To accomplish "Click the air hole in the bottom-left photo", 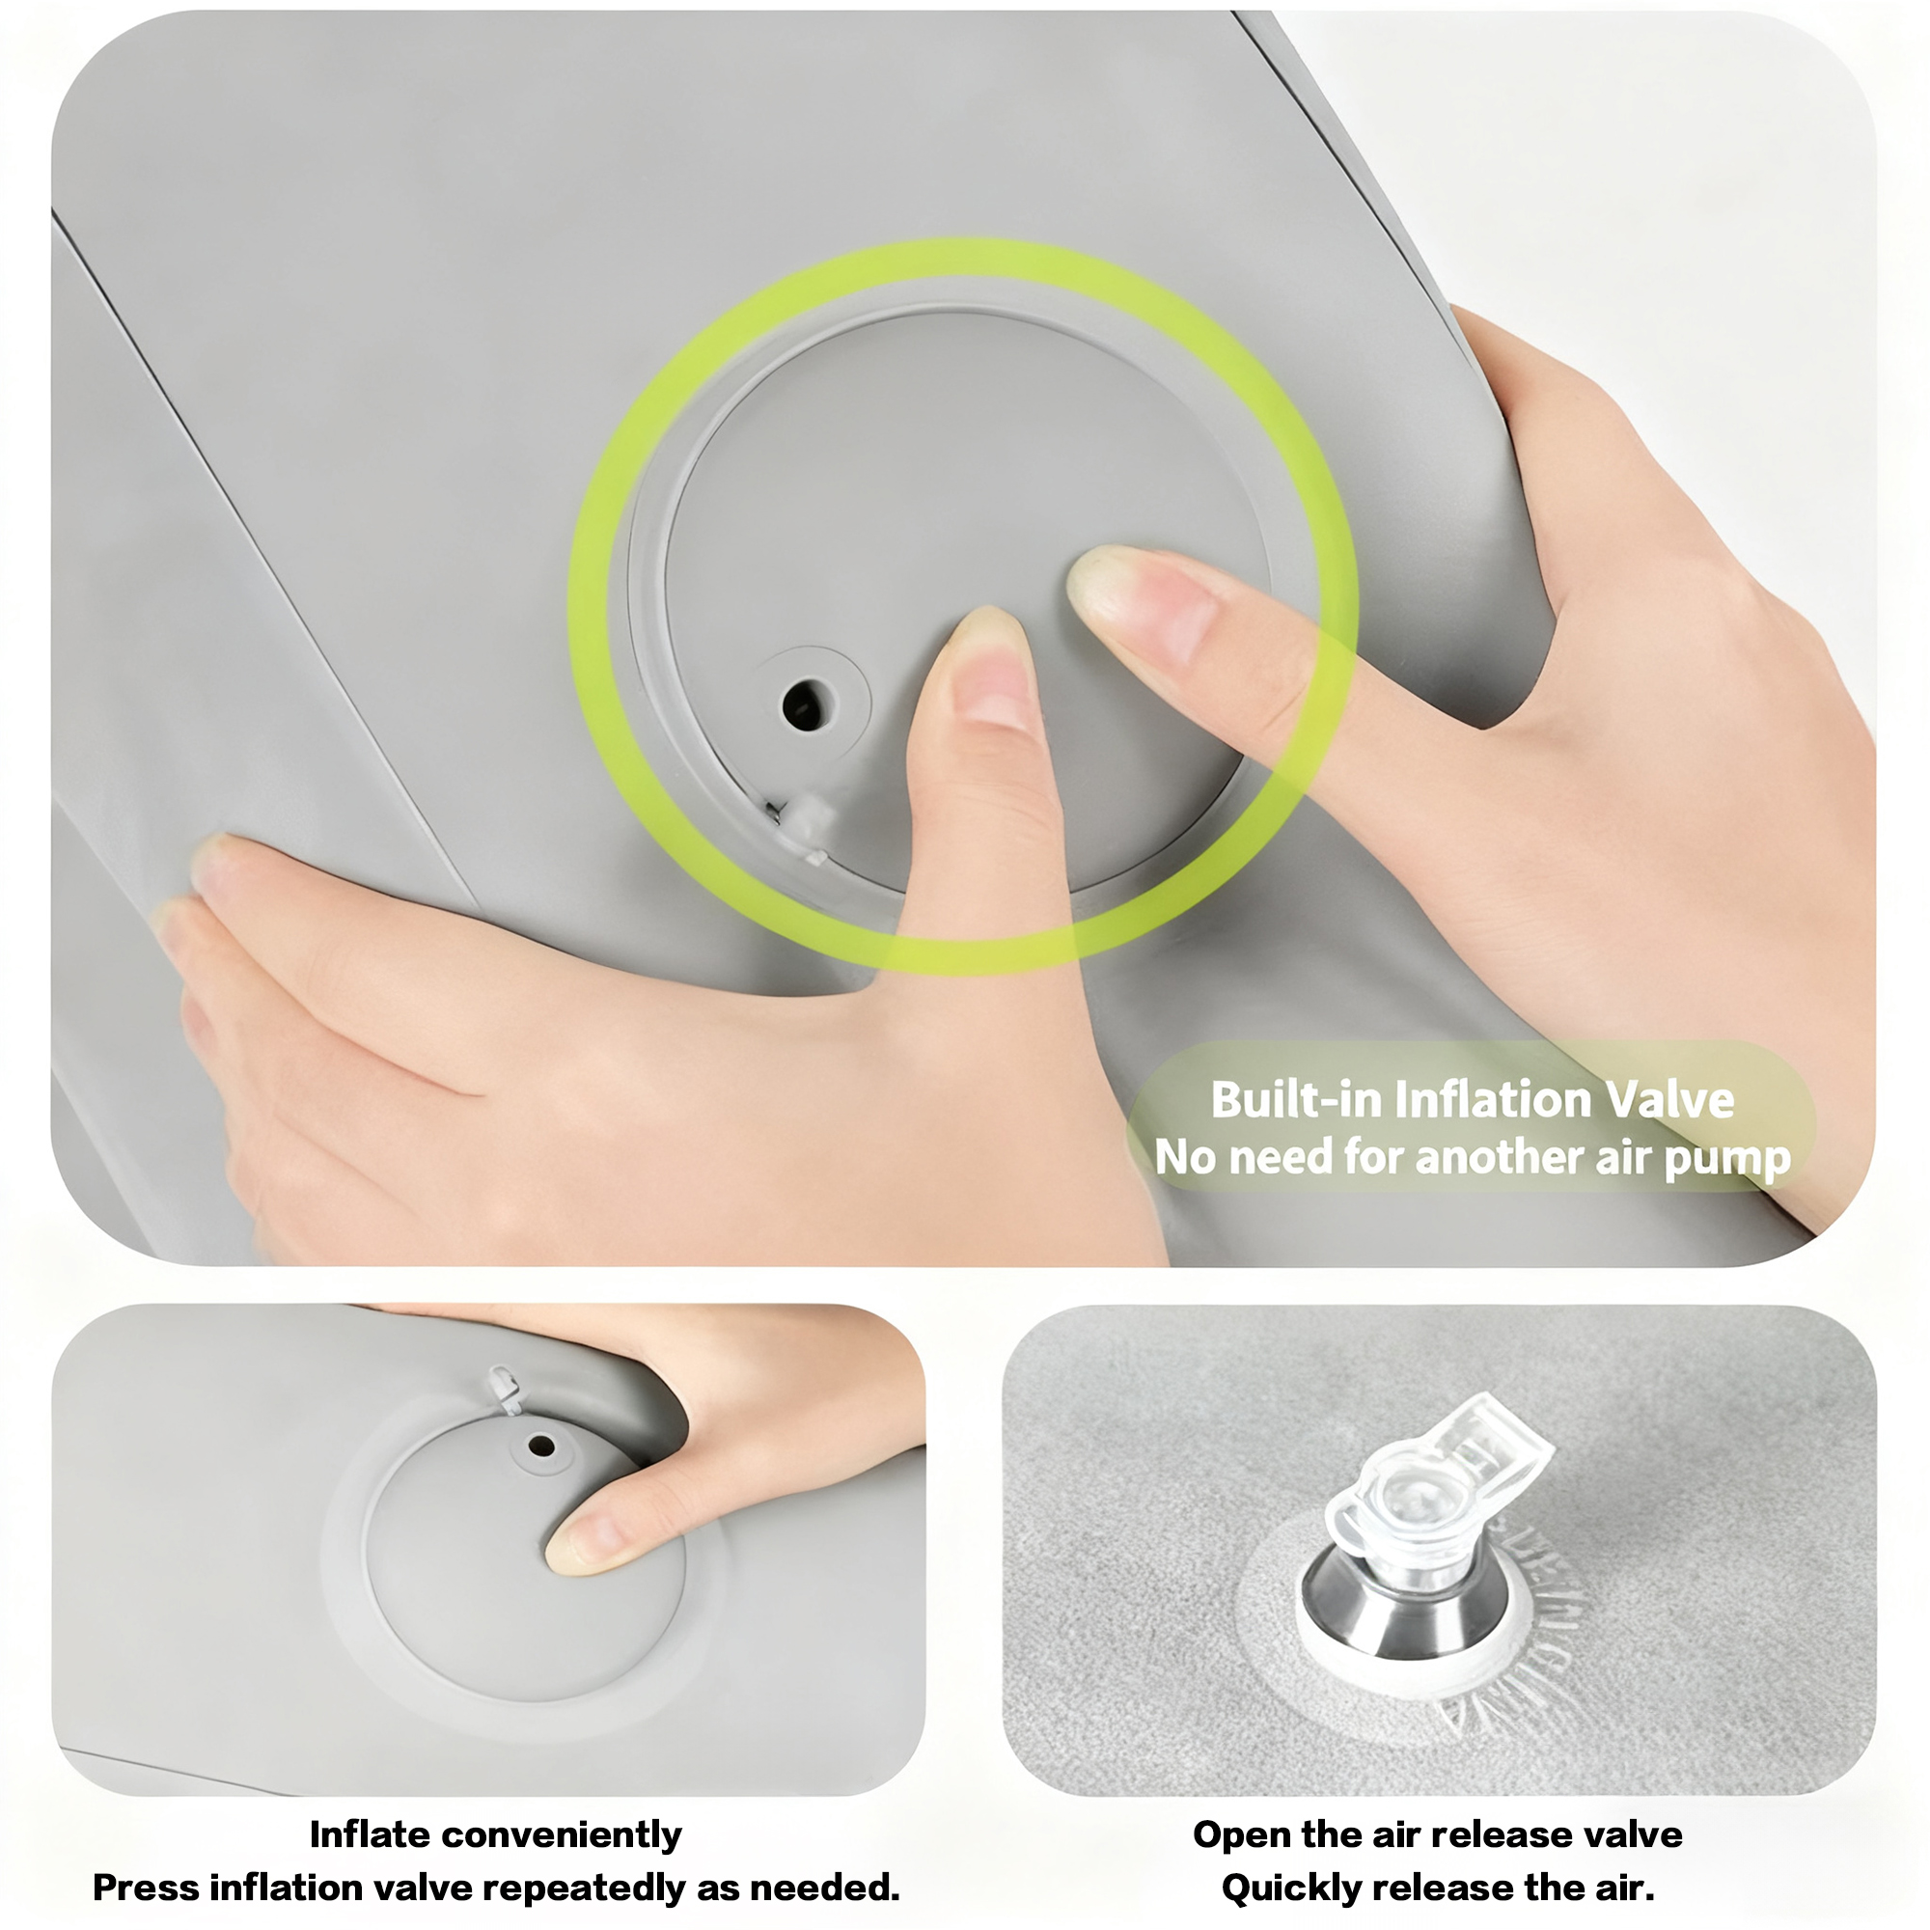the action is pos(541,1446).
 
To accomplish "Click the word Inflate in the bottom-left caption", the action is pos(369,1835).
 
